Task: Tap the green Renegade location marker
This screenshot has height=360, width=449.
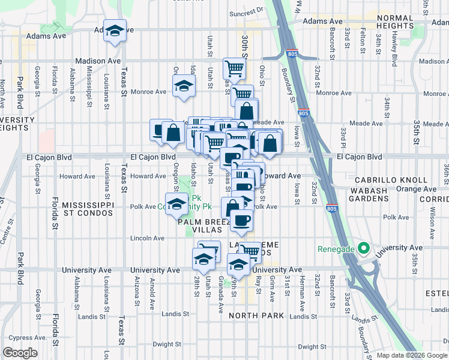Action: click(363, 248)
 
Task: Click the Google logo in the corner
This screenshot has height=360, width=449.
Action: click(20, 353)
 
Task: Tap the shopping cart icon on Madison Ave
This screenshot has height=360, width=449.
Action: click(234, 68)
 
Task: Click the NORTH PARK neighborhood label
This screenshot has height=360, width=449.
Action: click(250, 316)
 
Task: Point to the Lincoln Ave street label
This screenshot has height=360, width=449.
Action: click(148, 238)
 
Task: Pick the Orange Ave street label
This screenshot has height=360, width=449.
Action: click(412, 189)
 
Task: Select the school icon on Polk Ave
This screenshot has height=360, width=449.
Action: click(176, 204)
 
